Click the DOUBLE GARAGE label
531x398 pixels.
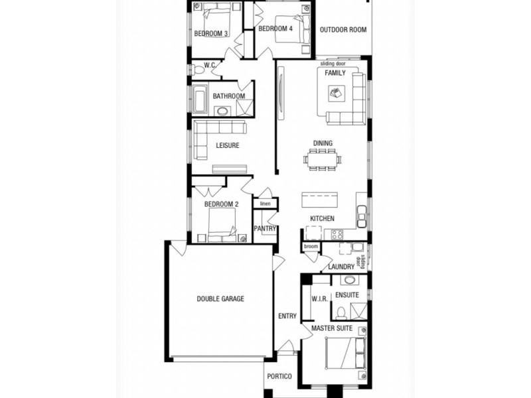coord(220,299)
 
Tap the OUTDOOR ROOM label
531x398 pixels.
coord(343,30)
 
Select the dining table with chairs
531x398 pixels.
coord(323,159)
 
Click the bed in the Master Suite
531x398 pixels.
coord(346,352)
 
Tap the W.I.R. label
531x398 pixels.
coord(319,299)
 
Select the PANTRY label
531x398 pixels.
coord(265,229)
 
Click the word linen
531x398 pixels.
coord(265,204)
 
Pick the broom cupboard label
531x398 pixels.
coord(311,247)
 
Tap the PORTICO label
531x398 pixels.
coord(279,377)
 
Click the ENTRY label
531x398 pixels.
coord(287,316)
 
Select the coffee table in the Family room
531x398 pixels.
coord(337,93)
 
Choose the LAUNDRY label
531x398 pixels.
coord(341,267)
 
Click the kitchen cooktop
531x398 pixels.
coord(337,234)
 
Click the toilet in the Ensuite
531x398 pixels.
coord(341,312)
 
